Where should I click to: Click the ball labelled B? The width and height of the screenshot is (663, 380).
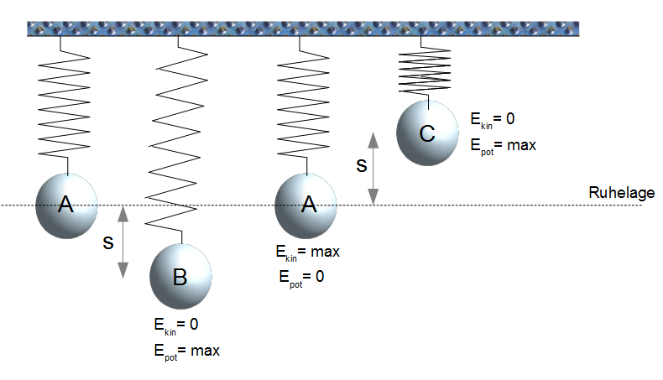[x=180, y=275]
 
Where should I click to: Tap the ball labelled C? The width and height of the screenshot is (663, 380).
[x=427, y=133]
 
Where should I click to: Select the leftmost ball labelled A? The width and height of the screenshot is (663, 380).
[x=66, y=205]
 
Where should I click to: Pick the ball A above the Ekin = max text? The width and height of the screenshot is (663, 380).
[x=307, y=205]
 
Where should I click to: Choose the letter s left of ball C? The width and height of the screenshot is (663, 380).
[x=361, y=164]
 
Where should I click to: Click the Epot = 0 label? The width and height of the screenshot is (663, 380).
[x=300, y=276]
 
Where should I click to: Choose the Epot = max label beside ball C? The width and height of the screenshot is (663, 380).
[x=504, y=144]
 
